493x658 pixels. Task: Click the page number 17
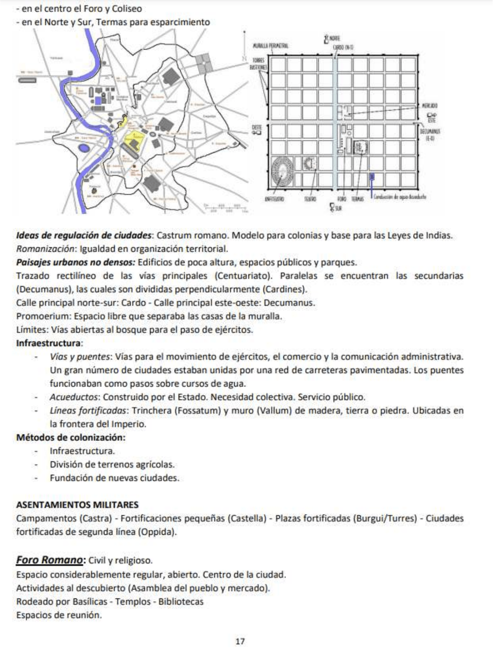[240, 642]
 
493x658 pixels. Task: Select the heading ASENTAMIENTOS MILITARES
[77, 504]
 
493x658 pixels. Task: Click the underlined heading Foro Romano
[50, 560]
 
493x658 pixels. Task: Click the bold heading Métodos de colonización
[71, 437]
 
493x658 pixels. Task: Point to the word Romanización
[42, 249]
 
